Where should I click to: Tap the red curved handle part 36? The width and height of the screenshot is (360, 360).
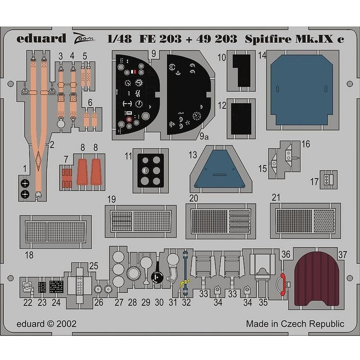(x=282, y=283)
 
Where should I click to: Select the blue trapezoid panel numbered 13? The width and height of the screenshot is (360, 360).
(x=220, y=170)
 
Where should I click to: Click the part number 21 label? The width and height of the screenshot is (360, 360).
(x=276, y=197)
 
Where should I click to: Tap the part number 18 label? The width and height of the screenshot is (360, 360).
(x=29, y=255)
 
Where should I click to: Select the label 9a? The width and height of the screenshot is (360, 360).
(x=204, y=136)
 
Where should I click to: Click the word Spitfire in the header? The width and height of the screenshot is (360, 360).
(x=268, y=39)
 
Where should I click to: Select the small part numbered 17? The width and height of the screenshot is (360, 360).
(x=326, y=179)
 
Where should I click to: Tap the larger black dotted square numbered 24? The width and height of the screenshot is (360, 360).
(x=56, y=287)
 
